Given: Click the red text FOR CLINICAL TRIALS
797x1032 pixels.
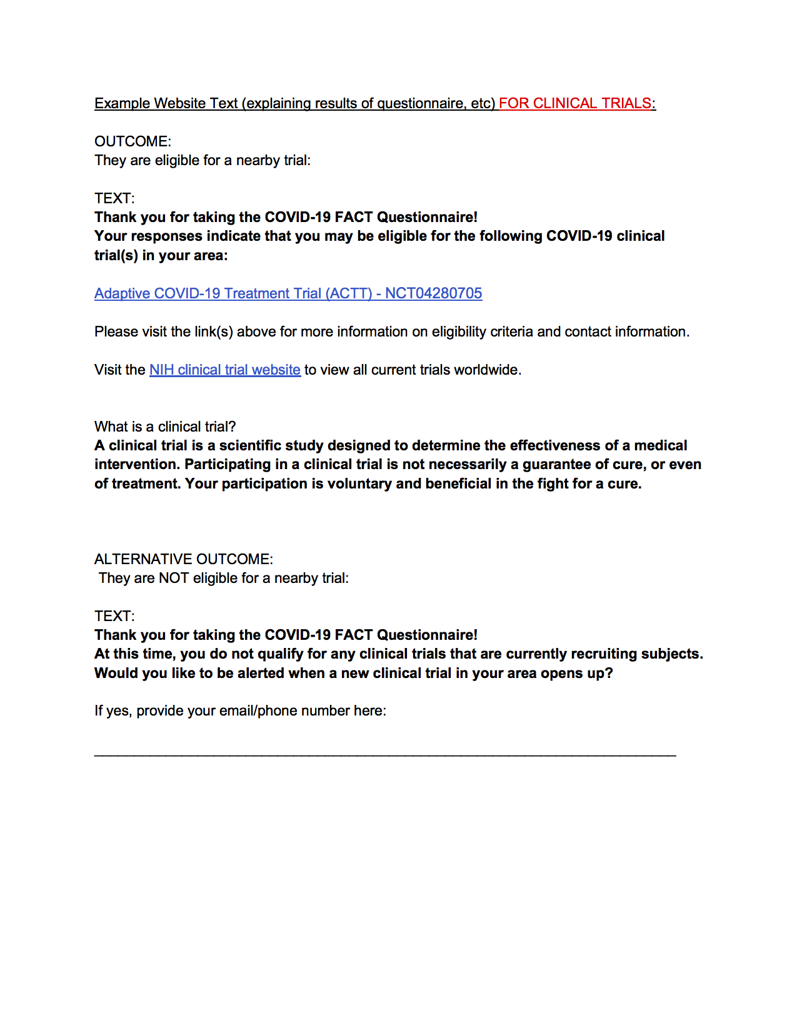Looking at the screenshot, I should (x=575, y=103).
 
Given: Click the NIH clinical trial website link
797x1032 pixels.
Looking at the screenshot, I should (x=224, y=370).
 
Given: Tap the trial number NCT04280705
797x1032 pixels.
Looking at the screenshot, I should (x=433, y=293).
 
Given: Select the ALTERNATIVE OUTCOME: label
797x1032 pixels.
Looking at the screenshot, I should (x=183, y=559).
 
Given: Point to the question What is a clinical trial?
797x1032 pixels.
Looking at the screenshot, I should (x=165, y=427).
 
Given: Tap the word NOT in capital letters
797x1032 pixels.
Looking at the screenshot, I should (x=174, y=578).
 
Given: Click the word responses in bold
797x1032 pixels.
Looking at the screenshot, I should (x=167, y=236).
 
